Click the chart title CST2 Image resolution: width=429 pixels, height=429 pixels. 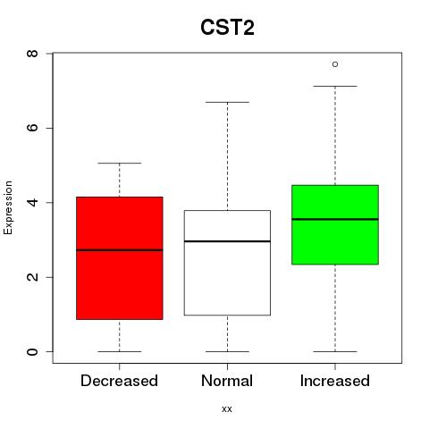(x=227, y=28)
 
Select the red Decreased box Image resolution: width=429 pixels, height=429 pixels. (x=120, y=258)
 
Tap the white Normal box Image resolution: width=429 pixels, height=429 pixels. (x=227, y=263)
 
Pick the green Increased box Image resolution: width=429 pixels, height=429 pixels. (x=335, y=224)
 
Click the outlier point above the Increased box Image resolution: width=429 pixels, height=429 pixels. (x=335, y=64)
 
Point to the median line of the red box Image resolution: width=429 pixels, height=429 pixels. (x=120, y=250)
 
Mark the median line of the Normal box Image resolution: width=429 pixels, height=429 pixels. (x=227, y=241)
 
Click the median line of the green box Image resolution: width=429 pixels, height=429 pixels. (x=335, y=219)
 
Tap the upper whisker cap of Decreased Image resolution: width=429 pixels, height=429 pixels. (x=120, y=164)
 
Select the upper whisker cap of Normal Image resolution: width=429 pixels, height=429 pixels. (x=227, y=102)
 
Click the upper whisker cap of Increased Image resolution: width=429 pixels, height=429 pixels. (x=335, y=87)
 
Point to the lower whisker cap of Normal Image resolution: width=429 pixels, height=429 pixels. (x=227, y=351)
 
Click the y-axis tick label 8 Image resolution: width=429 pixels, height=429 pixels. (x=32, y=54)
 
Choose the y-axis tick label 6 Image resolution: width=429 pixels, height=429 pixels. (x=32, y=128)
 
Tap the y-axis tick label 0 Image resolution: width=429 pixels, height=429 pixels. (x=32, y=351)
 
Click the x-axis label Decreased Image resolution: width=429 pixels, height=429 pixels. (x=119, y=381)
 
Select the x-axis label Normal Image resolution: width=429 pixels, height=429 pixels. (x=227, y=381)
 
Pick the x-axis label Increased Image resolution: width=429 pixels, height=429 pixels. (x=335, y=381)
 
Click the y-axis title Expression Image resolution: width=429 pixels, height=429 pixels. (x=8, y=207)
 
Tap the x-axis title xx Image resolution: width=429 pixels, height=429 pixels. (x=227, y=409)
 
